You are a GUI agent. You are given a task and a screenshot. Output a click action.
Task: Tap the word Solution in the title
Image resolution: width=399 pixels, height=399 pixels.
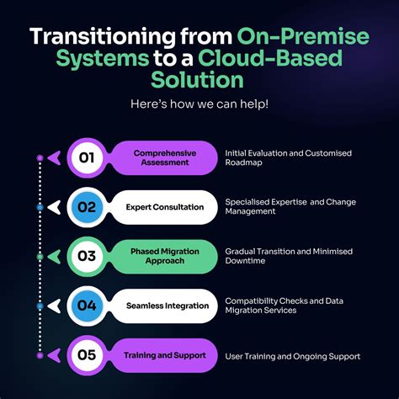pyautogui.click(x=199, y=81)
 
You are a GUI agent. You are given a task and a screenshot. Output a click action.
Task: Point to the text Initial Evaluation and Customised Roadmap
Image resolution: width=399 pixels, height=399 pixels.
pyautogui.click(x=287, y=157)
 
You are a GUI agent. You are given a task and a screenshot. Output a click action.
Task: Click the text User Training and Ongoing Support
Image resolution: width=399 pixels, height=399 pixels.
pyautogui.click(x=292, y=356)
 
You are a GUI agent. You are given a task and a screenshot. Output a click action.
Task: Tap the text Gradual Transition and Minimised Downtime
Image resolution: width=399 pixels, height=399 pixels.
pyautogui.click(x=287, y=256)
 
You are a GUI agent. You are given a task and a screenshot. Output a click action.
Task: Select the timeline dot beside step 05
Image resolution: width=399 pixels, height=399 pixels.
pyautogui.click(x=40, y=356)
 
